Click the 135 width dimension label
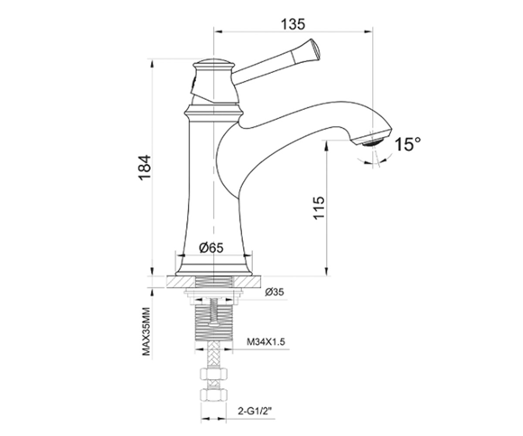(293, 24)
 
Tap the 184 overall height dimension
(145, 167)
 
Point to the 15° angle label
(408, 145)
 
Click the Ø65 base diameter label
(211, 248)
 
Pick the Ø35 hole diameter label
(275, 292)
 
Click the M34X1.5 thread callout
(266, 342)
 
